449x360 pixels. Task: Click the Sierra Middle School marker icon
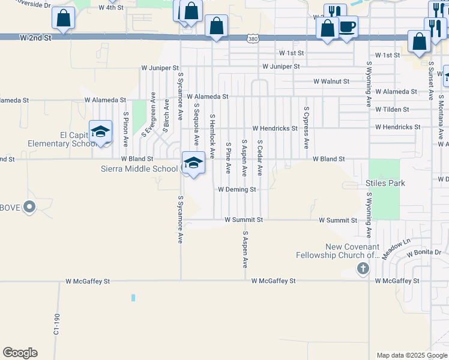coord(193,163)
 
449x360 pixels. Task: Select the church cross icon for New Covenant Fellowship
coord(363,268)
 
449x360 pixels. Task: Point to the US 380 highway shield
coord(252,38)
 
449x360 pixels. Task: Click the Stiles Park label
coord(385,183)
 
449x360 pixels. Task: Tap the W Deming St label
coord(237,189)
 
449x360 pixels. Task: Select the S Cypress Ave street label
coord(306,128)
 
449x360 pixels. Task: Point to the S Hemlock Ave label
coord(212,132)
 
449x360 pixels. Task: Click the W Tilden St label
coord(392,109)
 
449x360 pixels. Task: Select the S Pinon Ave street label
coord(126,129)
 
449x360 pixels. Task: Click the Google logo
coord(20,353)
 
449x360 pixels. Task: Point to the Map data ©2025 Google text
coord(411,355)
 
